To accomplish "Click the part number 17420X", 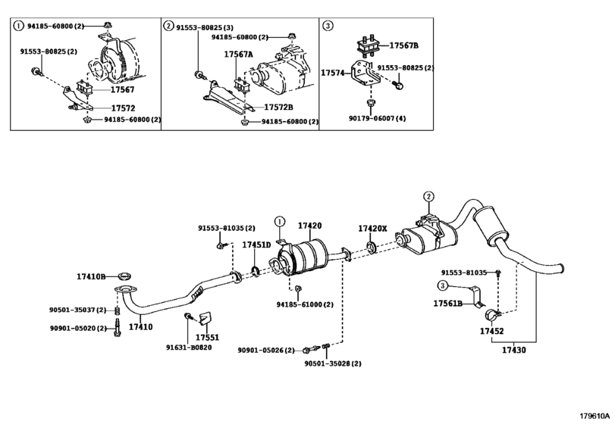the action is pyautogui.click(x=372, y=228).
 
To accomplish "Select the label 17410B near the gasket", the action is pyautogui.click(x=91, y=277).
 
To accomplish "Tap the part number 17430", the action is pyautogui.click(x=514, y=350).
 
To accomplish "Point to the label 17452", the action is pyautogui.click(x=492, y=331).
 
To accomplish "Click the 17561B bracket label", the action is pyautogui.click(x=448, y=304).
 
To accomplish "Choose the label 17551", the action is pyautogui.click(x=208, y=338).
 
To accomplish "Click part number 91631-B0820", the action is pyautogui.click(x=189, y=348).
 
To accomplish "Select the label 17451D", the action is pyautogui.click(x=256, y=245).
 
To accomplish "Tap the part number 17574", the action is pyautogui.click(x=333, y=73).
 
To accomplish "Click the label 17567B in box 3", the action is pyautogui.click(x=403, y=45).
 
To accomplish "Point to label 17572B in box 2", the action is pyautogui.click(x=278, y=108).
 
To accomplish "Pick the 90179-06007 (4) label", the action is pyautogui.click(x=378, y=119).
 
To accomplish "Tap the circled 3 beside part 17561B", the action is pyautogui.click(x=442, y=285).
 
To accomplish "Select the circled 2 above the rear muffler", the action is pyautogui.click(x=428, y=197).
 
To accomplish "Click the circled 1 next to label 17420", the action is pyautogui.click(x=279, y=222).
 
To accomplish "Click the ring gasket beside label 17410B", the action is pyautogui.click(x=124, y=276).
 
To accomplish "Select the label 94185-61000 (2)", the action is pyautogui.click(x=305, y=304).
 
